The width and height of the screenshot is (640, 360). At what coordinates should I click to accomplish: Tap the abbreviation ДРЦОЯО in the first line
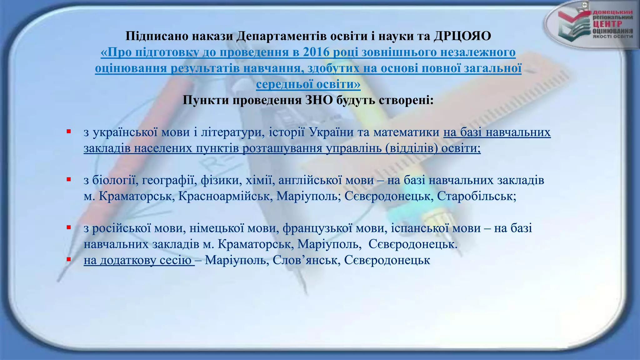click(x=462, y=37)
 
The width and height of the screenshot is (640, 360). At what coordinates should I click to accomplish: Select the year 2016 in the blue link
click(x=316, y=52)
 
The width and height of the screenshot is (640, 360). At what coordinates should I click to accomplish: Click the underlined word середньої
click(x=285, y=84)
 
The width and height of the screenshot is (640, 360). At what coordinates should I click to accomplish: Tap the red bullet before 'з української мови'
click(x=68, y=131)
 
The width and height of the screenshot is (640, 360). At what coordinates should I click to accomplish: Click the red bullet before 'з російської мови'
click(x=68, y=227)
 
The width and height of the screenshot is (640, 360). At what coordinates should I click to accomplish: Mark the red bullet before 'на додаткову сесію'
click(x=68, y=259)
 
